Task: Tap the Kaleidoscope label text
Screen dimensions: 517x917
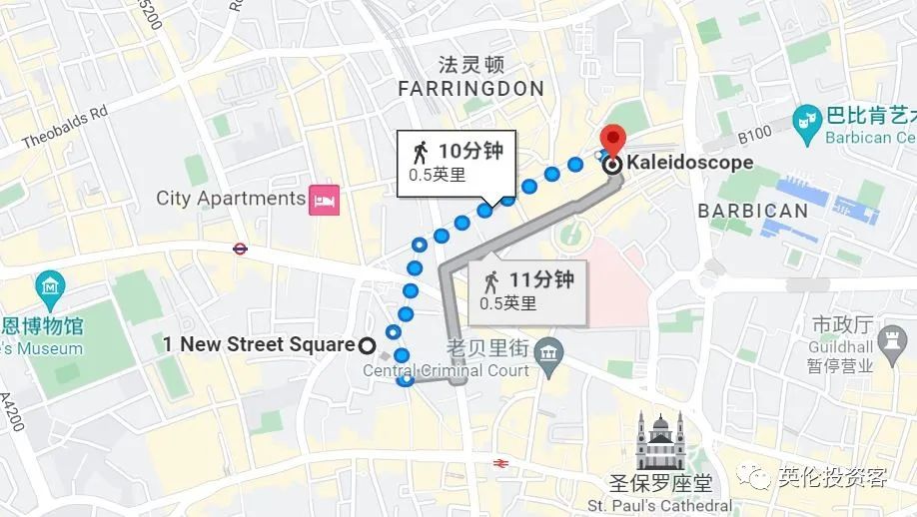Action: [689, 163]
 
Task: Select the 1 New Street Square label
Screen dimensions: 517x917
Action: [259, 345]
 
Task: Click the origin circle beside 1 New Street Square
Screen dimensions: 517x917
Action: [367, 345]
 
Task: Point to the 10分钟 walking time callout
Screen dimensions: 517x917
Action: [455, 162]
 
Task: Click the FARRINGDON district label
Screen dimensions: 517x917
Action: [470, 89]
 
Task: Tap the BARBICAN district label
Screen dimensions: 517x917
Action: [752, 211]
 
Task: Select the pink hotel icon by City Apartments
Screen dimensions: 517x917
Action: [326, 199]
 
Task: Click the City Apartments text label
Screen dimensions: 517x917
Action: [230, 198]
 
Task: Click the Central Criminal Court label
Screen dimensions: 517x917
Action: [446, 371]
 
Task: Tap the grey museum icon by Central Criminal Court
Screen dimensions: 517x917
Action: [548, 351]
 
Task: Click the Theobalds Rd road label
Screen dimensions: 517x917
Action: [64, 128]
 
